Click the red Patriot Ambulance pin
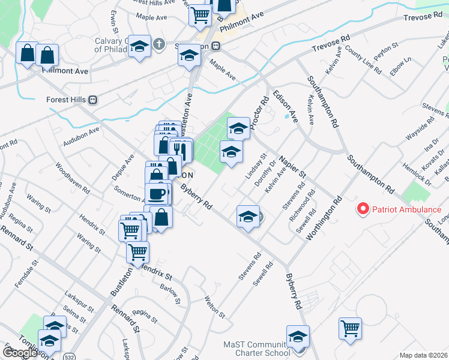coord(363,209)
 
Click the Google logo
coord(19,353)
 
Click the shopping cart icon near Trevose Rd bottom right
coord(350,328)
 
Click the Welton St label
coord(214,307)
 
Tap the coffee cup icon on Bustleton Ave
coord(157,193)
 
